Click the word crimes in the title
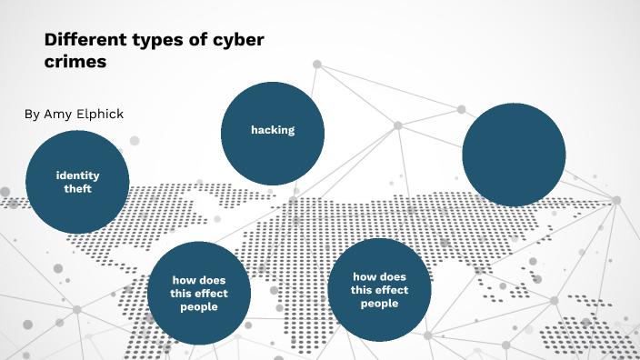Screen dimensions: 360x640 click(x=75, y=64)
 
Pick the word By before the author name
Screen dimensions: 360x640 click(x=32, y=114)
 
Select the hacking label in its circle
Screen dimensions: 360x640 click(x=273, y=130)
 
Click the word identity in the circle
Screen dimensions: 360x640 click(x=78, y=175)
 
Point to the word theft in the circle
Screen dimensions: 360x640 click(x=78, y=189)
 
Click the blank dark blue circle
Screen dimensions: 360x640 click(x=514, y=154)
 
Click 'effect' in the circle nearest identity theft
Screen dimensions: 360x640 click(x=212, y=293)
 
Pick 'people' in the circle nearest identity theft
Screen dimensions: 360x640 click(x=199, y=306)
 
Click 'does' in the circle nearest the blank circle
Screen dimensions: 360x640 click(x=393, y=276)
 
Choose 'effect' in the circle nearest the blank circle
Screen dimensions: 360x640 click(x=392, y=290)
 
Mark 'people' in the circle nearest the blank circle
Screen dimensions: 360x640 click(x=379, y=304)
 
